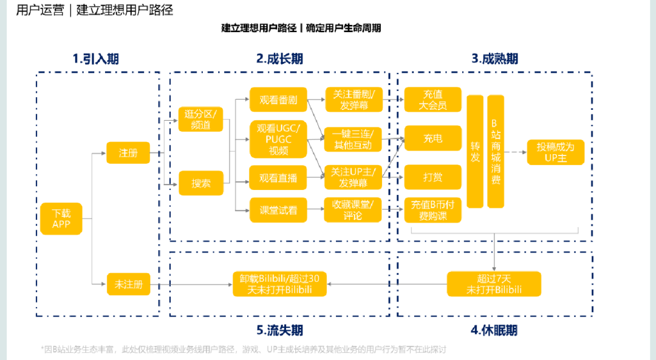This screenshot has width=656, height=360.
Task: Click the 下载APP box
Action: [x=61, y=219]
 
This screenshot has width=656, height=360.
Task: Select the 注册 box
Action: [x=128, y=153]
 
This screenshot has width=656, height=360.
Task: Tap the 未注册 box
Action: [x=128, y=284]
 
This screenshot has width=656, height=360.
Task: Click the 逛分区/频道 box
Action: [x=201, y=120]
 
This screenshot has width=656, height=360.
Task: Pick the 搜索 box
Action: [x=201, y=183]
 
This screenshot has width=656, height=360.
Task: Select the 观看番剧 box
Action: [x=278, y=100]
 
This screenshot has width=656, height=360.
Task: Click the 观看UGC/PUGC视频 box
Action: [x=278, y=139]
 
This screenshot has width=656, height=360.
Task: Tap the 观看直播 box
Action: [x=278, y=178]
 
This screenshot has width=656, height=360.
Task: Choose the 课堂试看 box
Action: [x=278, y=210]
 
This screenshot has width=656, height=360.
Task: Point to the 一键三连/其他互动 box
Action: [x=354, y=139]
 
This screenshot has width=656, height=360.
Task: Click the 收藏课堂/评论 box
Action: [x=354, y=210]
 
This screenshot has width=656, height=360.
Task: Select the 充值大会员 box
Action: [x=433, y=100]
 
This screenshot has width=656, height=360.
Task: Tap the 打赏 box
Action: [x=433, y=177]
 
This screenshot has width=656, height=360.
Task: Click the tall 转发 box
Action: [x=475, y=151]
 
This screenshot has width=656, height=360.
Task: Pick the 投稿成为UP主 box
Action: [x=555, y=152]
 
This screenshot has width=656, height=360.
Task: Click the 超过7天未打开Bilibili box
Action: [x=494, y=284]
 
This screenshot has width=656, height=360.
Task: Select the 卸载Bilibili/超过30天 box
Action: [x=279, y=284]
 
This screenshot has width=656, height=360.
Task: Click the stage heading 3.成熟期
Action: [x=494, y=59]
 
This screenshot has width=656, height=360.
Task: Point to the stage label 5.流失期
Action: [x=279, y=331]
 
